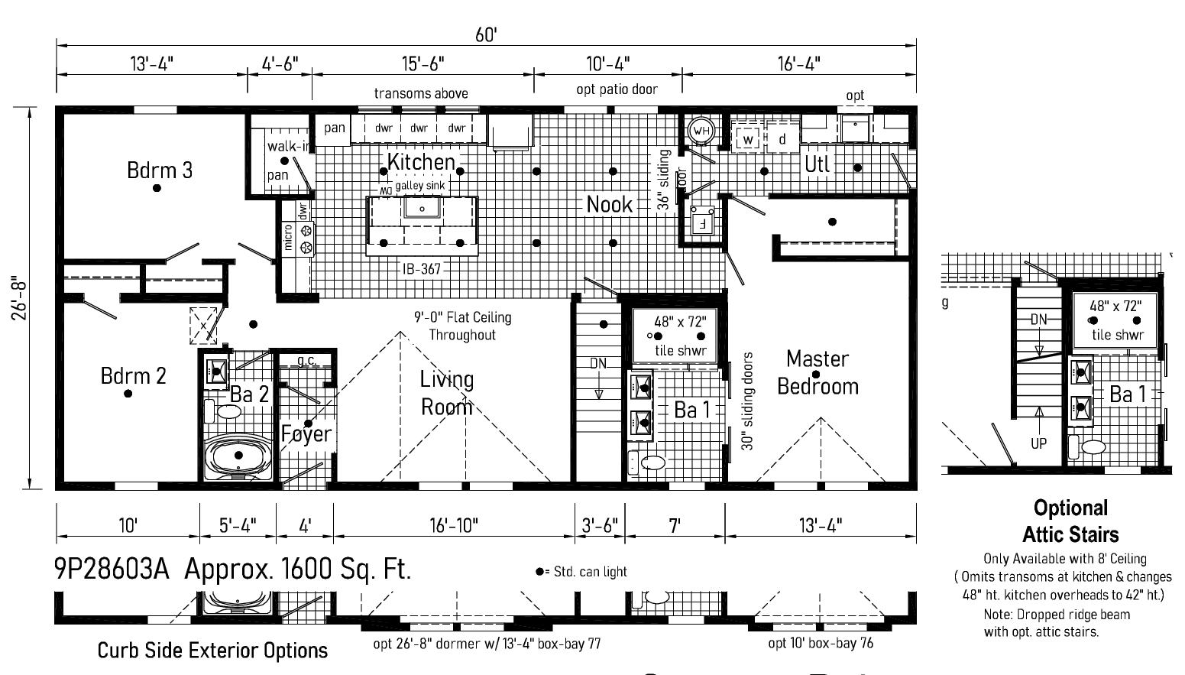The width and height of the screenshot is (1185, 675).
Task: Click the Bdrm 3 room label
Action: click(160, 170)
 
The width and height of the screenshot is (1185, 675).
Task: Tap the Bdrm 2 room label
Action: click(133, 375)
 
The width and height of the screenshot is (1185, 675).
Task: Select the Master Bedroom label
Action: click(818, 372)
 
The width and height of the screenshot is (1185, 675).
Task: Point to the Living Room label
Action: click(447, 393)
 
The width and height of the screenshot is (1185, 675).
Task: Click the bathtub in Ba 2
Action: click(238, 456)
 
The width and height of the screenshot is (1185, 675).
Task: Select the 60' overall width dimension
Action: click(486, 35)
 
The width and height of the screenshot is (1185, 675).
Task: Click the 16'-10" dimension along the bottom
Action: click(454, 525)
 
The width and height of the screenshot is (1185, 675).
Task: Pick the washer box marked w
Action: click(748, 139)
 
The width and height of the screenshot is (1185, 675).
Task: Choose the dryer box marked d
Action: click(782, 139)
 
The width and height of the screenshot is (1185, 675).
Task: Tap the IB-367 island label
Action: click(421, 268)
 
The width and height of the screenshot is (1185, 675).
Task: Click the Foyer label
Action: click(306, 434)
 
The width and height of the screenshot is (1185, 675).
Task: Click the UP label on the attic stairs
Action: click(1038, 443)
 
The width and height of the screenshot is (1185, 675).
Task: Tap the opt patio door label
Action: click(617, 89)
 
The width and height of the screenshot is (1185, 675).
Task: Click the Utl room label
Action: click(817, 164)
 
